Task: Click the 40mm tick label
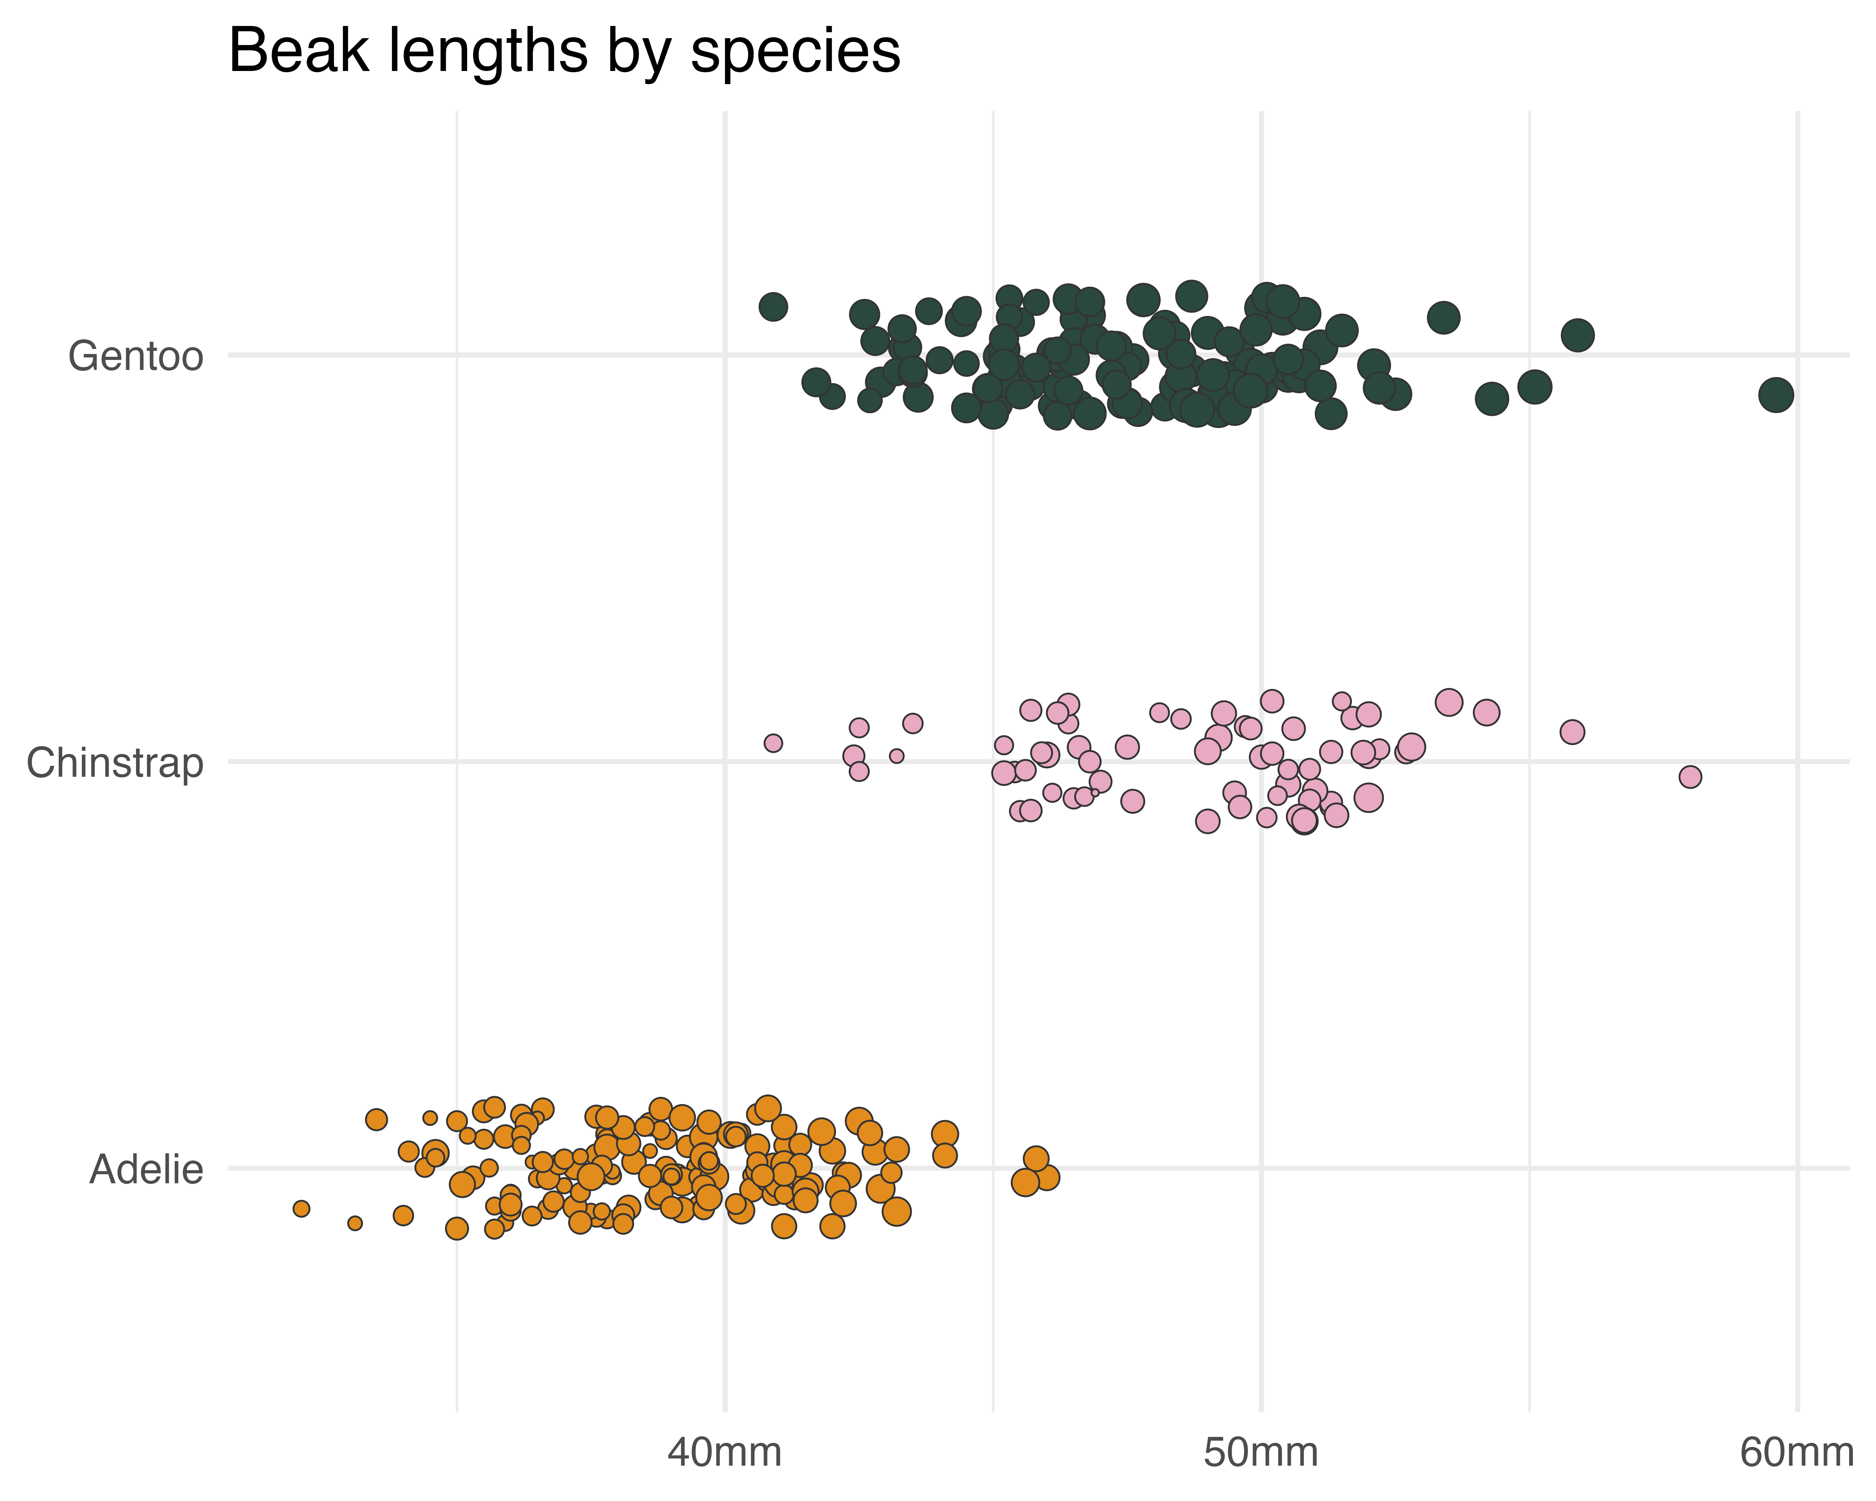coord(725,1453)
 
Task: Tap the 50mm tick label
coord(1261,1453)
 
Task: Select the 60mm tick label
coord(1796,1453)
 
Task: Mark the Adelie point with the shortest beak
coord(301,1209)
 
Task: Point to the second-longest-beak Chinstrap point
coord(1571,732)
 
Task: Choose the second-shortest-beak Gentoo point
coord(815,381)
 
